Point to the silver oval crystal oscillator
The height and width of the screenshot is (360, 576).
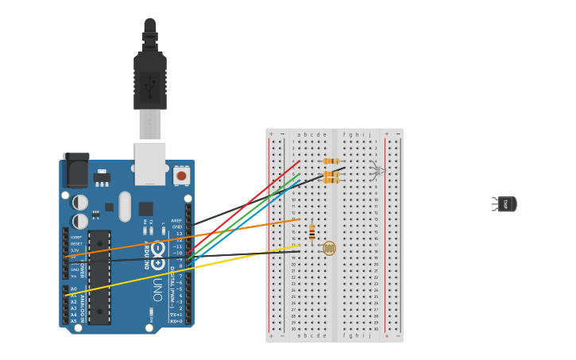(x=125, y=206)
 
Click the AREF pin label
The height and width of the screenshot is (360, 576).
(x=176, y=221)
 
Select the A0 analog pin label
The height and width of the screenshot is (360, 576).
(x=74, y=289)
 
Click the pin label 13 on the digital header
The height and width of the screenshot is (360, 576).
(x=179, y=234)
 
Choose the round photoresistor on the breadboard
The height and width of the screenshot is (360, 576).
(x=329, y=248)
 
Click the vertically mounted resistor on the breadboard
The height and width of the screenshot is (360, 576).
(x=312, y=232)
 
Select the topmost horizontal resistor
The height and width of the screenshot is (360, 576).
(x=331, y=161)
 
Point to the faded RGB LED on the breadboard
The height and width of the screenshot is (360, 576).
(x=377, y=170)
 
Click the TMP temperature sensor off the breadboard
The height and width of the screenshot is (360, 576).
(x=505, y=204)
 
